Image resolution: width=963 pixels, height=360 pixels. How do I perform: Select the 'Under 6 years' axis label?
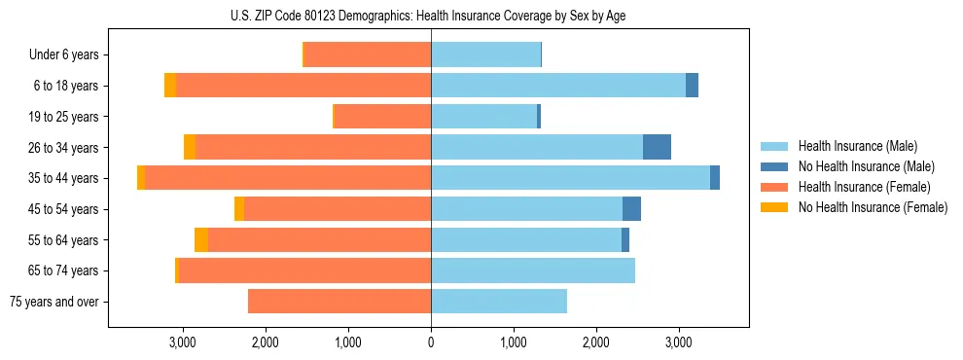(63, 54)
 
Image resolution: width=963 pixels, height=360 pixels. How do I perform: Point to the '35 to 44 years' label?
(64, 178)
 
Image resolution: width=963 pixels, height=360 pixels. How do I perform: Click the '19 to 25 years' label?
(64, 117)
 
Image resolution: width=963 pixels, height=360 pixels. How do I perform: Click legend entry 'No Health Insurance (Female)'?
(873, 207)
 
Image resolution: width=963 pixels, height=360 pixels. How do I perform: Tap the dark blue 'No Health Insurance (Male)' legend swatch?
(773, 166)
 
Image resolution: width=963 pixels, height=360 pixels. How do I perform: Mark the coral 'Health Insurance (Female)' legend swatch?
(773, 187)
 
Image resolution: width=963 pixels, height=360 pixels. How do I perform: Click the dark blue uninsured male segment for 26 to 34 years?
(657, 147)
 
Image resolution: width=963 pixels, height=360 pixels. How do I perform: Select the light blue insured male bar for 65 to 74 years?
(533, 270)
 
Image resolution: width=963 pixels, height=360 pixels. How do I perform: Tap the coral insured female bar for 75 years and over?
(339, 302)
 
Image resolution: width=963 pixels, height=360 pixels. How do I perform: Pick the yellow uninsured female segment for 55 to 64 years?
(201, 239)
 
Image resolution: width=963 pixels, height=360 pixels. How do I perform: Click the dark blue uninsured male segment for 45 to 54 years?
(631, 209)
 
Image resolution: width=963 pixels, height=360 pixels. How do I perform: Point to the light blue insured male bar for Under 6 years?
(485, 54)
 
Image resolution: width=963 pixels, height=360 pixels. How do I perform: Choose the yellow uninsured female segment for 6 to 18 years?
(170, 86)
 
